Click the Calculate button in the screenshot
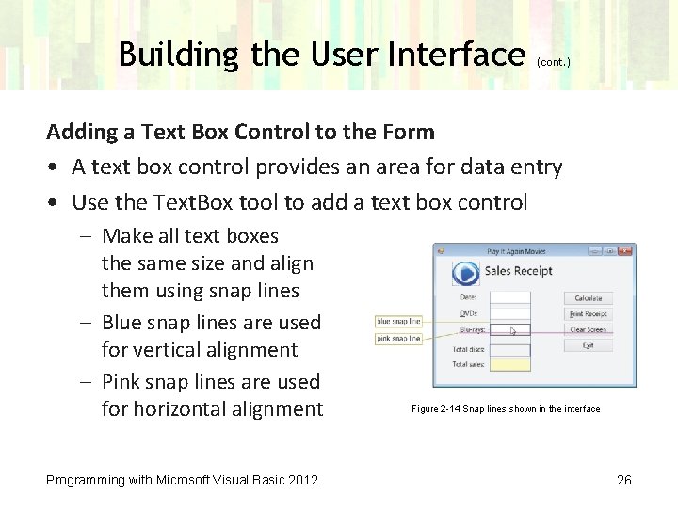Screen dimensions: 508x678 [x=589, y=298]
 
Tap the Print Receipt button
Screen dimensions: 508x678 [x=589, y=314]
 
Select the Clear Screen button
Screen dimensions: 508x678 [x=589, y=330]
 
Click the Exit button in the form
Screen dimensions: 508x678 [x=589, y=346]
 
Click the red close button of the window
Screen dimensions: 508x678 [x=625, y=251]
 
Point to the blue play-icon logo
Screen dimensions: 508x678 [x=465, y=273]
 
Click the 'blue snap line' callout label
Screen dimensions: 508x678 [x=398, y=321]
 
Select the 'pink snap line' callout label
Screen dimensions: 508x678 [x=398, y=339]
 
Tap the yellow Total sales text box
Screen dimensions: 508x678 [x=511, y=364]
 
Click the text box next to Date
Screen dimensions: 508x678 [x=511, y=298]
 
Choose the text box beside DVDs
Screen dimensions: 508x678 [x=511, y=314]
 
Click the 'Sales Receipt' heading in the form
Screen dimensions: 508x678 [x=518, y=272]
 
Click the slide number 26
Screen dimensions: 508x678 [x=623, y=481]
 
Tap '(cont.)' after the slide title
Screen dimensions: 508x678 [x=553, y=62]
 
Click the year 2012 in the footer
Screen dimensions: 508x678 [x=302, y=481]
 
